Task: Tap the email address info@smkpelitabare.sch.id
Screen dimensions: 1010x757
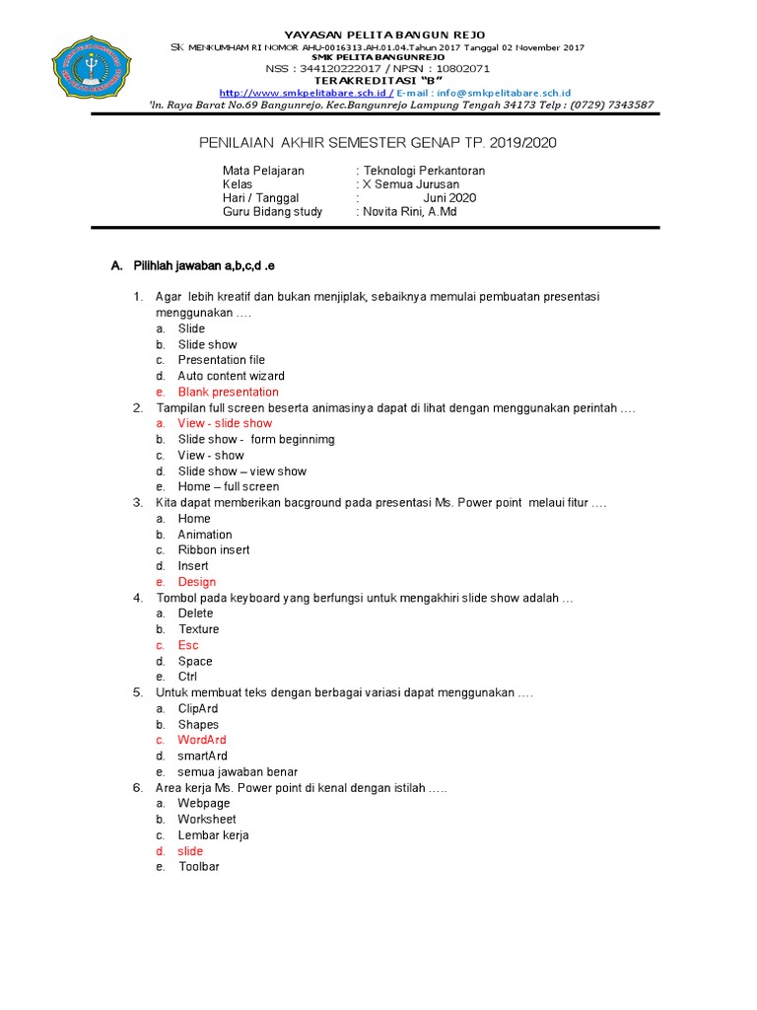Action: (x=498, y=91)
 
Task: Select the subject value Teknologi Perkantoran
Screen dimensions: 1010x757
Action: (x=424, y=171)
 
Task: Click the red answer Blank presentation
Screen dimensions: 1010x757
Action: (x=228, y=392)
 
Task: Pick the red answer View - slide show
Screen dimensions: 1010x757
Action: (x=225, y=423)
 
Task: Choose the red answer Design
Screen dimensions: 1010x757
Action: (x=196, y=582)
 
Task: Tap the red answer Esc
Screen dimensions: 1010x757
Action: (x=187, y=645)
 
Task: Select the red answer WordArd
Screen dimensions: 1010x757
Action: (x=201, y=740)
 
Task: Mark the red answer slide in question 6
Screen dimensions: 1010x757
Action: (x=189, y=851)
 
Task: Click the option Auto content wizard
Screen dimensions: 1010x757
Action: (x=231, y=376)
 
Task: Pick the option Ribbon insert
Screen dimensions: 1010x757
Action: (x=213, y=549)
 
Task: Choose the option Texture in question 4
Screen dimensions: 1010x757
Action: (x=198, y=629)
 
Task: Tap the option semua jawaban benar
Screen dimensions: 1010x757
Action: (x=237, y=771)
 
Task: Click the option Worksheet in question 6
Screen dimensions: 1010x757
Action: (x=206, y=819)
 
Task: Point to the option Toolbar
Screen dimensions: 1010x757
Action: (x=198, y=866)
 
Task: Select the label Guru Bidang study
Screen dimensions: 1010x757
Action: (x=272, y=211)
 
